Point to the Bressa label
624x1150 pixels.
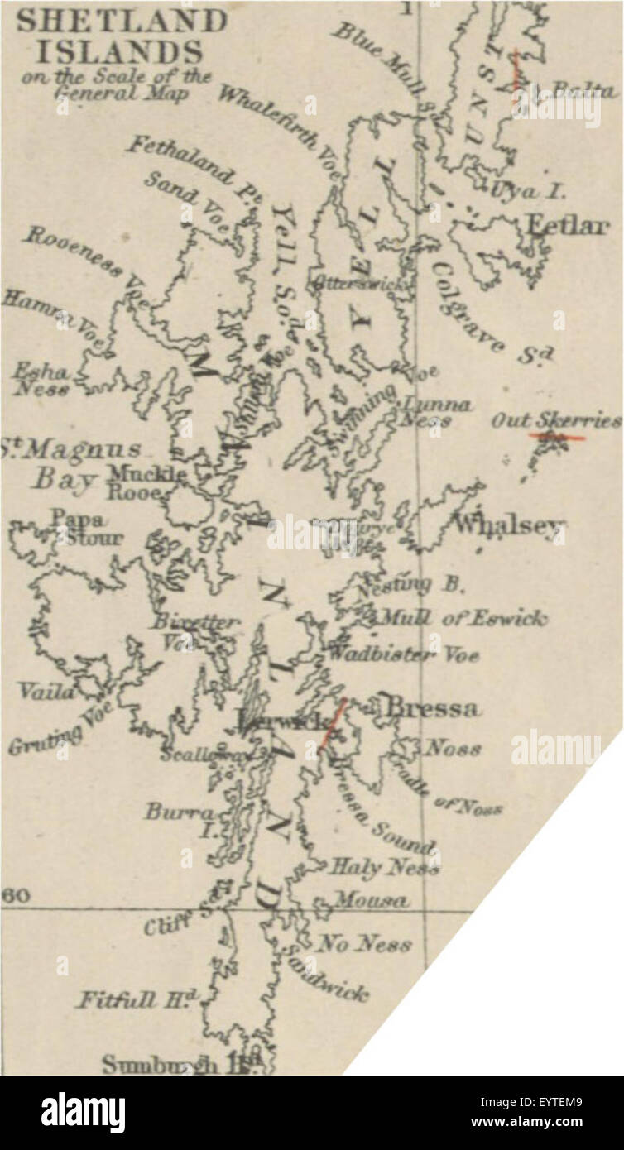point(432,708)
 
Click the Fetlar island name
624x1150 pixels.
point(566,225)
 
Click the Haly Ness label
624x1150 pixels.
point(384,867)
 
